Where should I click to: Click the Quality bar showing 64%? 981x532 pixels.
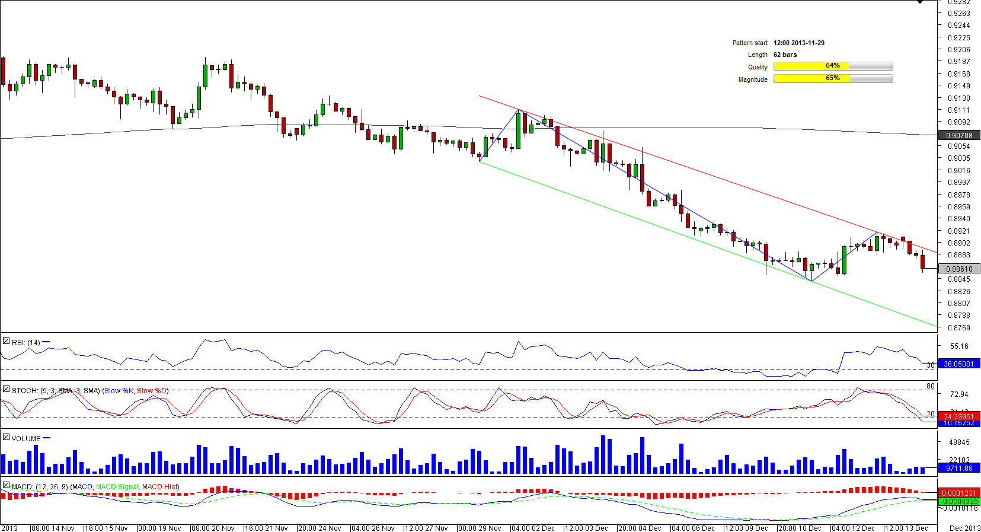pyautogui.click(x=833, y=66)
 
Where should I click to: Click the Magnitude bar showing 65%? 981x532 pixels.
pyautogui.click(x=833, y=79)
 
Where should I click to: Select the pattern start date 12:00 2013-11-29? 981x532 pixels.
pyautogui.click(x=798, y=43)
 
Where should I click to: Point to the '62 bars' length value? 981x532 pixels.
pyautogui.click(x=785, y=55)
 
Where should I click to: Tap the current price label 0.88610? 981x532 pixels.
pyautogui.click(x=959, y=269)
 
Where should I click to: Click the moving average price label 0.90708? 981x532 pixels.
pyautogui.click(x=959, y=136)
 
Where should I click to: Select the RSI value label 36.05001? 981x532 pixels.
pyautogui.click(x=959, y=364)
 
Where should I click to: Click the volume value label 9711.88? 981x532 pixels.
pyautogui.click(x=959, y=469)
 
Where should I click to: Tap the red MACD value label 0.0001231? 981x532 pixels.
pyautogui.click(x=959, y=493)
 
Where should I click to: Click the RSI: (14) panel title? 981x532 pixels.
pyautogui.click(x=25, y=342)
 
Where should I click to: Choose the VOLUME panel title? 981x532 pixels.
pyautogui.click(x=26, y=439)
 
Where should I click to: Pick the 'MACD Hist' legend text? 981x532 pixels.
pyautogui.click(x=160, y=487)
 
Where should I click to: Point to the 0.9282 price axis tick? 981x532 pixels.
pyautogui.click(x=958, y=2)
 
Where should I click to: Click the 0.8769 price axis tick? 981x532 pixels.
pyautogui.click(x=958, y=327)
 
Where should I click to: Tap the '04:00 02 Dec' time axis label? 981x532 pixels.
pyautogui.click(x=532, y=528)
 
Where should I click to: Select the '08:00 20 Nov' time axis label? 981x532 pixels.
pyautogui.click(x=212, y=528)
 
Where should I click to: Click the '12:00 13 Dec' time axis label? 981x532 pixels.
pyautogui.click(x=906, y=528)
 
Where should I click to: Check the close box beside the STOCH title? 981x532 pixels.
pyautogui.click(x=6, y=390)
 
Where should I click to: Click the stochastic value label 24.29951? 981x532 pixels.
pyautogui.click(x=959, y=417)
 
